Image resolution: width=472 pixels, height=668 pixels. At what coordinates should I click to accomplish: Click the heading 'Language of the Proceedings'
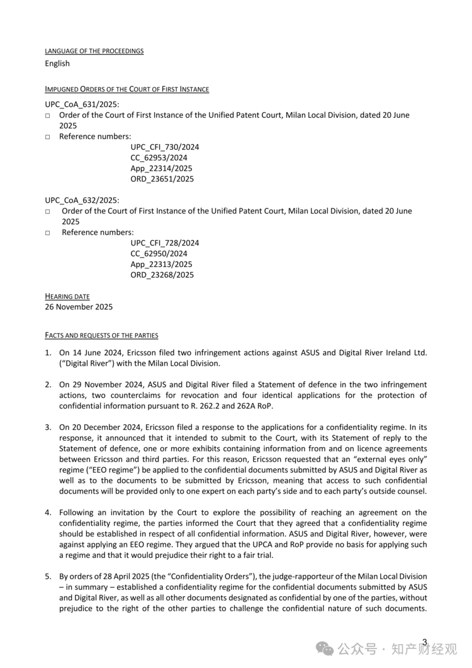click(x=94, y=51)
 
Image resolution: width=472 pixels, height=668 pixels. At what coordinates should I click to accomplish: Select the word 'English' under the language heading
click(x=57, y=64)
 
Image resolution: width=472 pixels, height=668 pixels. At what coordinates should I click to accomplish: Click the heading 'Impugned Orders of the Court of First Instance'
click(x=126, y=89)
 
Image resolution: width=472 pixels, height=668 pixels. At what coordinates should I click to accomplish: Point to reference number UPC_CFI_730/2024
click(x=165, y=147)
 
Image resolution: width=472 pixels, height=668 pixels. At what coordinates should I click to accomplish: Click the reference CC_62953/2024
click(x=159, y=158)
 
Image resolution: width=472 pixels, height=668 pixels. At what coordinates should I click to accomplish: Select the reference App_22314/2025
click(x=162, y=169)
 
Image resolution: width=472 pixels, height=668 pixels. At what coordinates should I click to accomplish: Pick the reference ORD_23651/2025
click(x=162, y=179)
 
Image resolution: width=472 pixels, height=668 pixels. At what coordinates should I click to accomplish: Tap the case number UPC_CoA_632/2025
click(x=82, y=200)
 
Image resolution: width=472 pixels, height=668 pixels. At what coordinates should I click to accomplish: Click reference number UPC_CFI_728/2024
click(x=165, y=243)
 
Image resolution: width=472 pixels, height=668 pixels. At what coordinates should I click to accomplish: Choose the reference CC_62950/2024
click(x=159, y=254)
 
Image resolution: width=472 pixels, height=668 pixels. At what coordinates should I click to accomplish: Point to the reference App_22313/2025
click(x=162, y=264)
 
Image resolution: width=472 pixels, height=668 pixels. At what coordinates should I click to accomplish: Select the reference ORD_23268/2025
click(x=162, y=275)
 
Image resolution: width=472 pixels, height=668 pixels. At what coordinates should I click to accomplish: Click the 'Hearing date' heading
click(x=67, y=297)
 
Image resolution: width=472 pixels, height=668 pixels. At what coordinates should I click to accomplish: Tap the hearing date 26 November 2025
click(x=79, y=307)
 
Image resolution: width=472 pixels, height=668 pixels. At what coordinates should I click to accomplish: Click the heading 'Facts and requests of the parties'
click(x=101, y=336)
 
